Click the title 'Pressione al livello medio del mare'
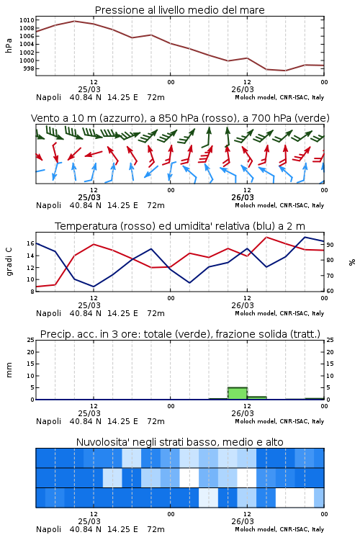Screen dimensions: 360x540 tap(179, 10)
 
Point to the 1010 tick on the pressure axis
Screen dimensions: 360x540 tap(27, 20)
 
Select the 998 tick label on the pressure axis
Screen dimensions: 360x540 tap(29, 68)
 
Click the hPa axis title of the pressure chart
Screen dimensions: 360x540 tap(9, 45)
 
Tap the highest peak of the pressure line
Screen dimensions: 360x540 tap(74, 21)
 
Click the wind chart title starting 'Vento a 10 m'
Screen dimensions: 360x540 tap(180, 118)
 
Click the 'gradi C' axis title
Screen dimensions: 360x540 tap(9, 262)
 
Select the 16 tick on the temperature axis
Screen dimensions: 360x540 tap(30, 243)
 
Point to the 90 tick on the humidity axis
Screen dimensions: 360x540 tap(330, 245)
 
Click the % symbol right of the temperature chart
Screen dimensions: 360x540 tap(352, 262)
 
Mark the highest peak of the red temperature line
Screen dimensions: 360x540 tap(266, 237)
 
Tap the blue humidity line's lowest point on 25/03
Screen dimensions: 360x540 tap(94, 287)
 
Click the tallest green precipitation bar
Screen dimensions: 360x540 tap(238, 393)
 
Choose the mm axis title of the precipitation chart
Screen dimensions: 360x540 tap(9, 370)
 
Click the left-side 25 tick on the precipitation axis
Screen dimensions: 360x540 tap(30, 340)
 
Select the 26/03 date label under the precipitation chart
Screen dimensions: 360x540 tap(242, 413)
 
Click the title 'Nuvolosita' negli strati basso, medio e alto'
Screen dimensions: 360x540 tap(179, 442)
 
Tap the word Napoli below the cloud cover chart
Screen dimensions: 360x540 tap(48, 529)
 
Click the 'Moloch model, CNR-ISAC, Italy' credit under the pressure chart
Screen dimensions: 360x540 tap(279, 97)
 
